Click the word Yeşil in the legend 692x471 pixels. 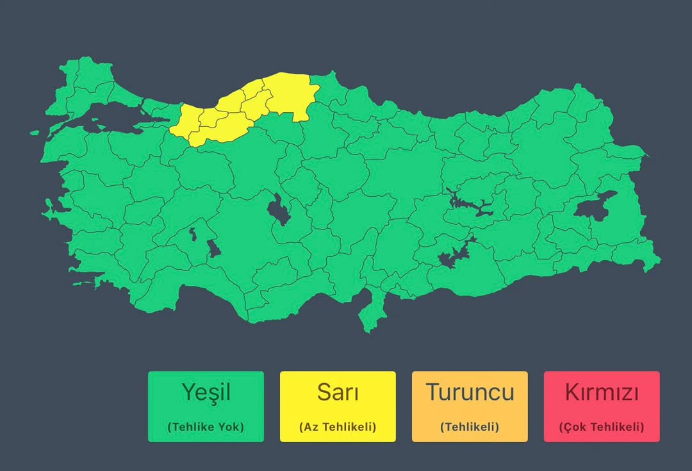pos(205,392)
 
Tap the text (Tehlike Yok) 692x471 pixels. pos(205,427)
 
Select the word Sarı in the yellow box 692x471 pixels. pos(338,392)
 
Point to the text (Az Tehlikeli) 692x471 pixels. pos(338,427)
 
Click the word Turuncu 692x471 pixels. pos(470,392)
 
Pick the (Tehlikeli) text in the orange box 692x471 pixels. pos(470,427)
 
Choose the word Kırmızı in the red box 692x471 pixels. pos(602,392)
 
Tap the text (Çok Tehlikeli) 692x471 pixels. pos(602,427)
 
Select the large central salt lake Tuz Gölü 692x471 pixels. pos(279,210)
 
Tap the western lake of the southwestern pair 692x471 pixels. pos(194,234)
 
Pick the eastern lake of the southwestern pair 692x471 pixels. pos(214,247)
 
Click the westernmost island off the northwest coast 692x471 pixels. pos(36,132)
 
